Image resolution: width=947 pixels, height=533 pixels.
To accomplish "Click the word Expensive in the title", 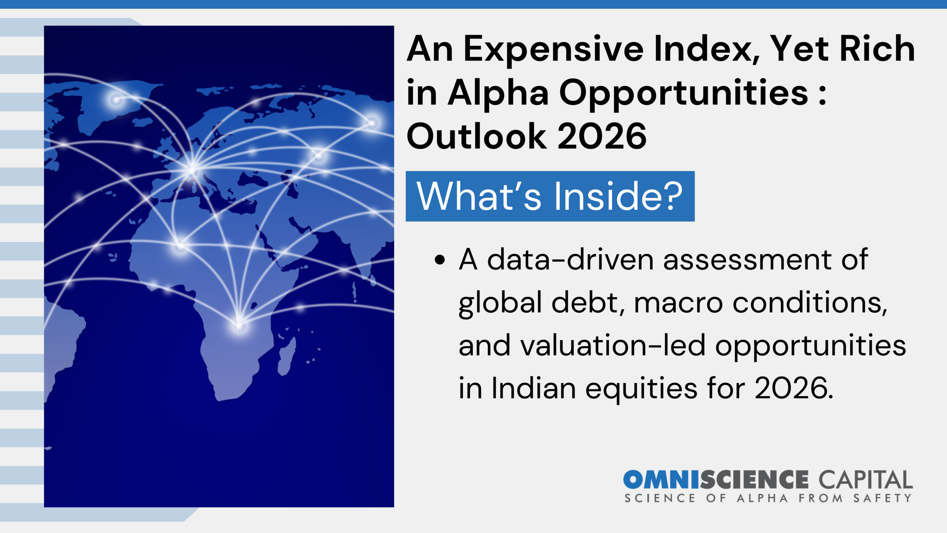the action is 553,49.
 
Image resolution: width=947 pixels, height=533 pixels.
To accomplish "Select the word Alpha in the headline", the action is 498,93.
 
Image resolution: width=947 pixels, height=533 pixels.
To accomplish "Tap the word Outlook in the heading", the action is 476,136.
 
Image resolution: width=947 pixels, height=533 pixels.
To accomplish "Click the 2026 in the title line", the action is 602,136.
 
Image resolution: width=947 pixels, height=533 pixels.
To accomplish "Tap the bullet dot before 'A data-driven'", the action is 440,260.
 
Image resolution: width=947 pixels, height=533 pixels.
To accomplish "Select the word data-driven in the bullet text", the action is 571,259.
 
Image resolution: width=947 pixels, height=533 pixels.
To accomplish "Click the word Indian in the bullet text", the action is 534,388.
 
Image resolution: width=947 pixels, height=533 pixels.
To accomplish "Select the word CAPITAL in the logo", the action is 866,480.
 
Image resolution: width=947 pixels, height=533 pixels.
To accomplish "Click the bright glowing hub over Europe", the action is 192,169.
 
